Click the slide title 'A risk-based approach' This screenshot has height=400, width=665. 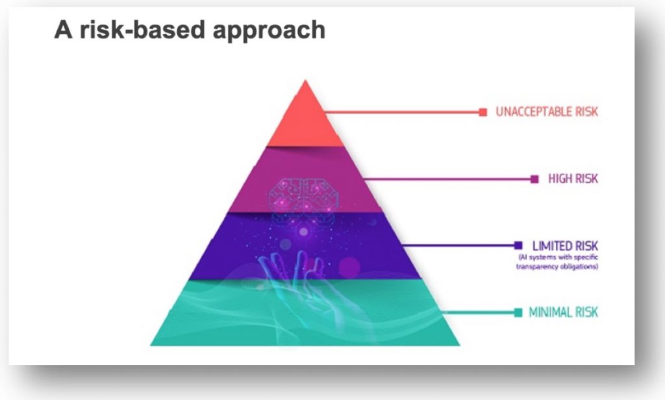point(190,30)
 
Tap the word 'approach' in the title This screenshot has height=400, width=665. point(269,31)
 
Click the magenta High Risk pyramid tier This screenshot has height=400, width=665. point(305,180)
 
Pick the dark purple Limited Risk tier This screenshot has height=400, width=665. point(305,246)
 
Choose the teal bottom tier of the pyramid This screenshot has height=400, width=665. point(305,313)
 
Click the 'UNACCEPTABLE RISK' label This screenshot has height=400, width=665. point(547,112)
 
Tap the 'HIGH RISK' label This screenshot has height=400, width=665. point(573,179)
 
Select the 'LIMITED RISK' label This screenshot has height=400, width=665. point(565,246)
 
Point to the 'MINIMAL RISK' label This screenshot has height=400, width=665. point(563,313)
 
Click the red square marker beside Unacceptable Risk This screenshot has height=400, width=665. point(483,112)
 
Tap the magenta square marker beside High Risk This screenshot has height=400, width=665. point(535,180)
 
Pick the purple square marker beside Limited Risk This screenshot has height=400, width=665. point(518,245)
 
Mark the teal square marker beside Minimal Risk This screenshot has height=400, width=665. point(518,313)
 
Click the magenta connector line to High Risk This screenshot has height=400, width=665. point(447,180)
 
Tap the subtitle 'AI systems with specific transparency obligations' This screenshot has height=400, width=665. point(557,262)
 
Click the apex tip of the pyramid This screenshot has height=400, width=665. point(305,80)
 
